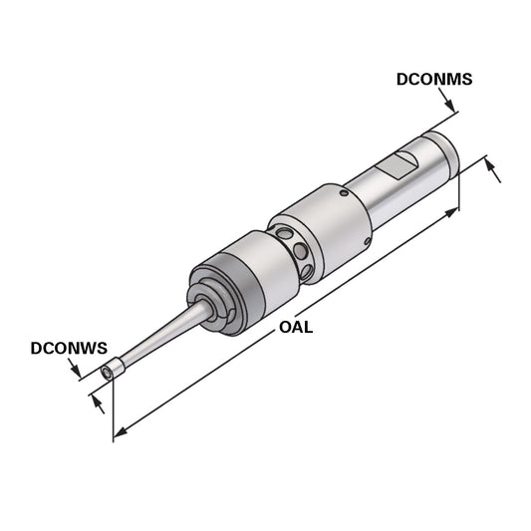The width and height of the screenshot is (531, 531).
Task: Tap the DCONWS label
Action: [68, 349]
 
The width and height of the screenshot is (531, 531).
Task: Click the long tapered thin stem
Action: [159, 339]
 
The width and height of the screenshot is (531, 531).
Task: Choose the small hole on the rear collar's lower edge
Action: [370, 242]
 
